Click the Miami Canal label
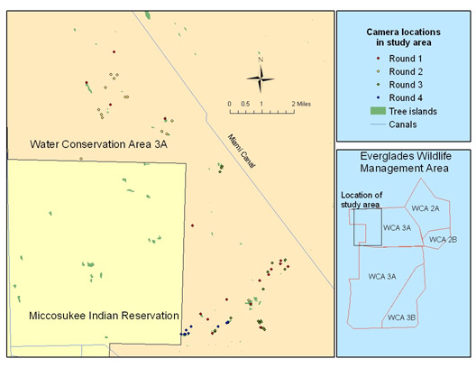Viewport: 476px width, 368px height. click(x=242, y=151)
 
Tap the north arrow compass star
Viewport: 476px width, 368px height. click(x=261, y=78)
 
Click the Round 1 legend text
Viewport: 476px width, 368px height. click(x=406, y=59)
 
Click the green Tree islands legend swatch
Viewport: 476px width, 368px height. click(x=378, y=111)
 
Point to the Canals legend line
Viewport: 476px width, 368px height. click(x=378, y=124)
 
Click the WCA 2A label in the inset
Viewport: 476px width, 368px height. click(x=426, y=208)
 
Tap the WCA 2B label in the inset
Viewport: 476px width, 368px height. click(x=443, y=240)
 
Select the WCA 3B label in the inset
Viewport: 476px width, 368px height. click(x=402, y=317)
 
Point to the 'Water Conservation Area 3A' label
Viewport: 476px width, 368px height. click(x=98, y=144)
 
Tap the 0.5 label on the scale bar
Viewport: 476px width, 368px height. click(x=245, y=104)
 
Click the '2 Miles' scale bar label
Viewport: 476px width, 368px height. click(x=301, y=104)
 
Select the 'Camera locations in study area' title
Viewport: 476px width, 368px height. click(x=404, y=37)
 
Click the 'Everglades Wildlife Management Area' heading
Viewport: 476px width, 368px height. click(x=405, y=161)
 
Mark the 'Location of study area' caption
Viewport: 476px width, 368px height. click(x=362, y=199)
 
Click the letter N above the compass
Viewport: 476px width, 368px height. click(x=261, y=60)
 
